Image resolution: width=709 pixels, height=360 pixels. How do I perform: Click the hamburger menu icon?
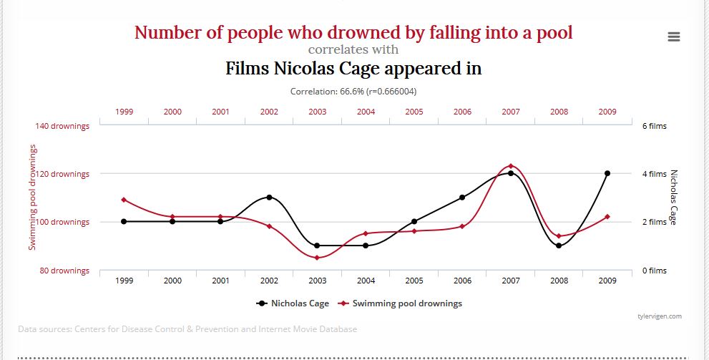673,37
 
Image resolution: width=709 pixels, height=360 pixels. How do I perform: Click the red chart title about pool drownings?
353,32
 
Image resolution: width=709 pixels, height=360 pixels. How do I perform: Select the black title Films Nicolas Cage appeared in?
353,69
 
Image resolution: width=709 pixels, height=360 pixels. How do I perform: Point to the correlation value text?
353,92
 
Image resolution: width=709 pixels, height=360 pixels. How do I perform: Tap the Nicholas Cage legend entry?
293,303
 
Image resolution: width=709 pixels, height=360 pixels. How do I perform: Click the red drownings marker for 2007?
511,166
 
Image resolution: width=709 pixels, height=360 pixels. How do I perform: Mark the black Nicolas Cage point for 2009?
607,173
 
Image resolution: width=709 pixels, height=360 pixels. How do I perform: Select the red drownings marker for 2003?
317,258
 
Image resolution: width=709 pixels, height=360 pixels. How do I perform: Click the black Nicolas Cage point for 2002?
269,197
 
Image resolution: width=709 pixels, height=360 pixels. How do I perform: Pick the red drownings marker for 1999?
124,200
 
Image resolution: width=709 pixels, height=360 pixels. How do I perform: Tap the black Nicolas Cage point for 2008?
559,245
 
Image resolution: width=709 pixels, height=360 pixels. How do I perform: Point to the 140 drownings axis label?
62,126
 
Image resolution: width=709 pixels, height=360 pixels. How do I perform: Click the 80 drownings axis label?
64,271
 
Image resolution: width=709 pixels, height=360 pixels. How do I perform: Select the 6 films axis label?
654,126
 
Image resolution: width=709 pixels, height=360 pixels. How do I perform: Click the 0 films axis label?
654,271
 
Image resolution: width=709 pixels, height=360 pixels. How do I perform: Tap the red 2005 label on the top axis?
414,112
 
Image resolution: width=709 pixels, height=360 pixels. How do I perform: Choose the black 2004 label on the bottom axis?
366,281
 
